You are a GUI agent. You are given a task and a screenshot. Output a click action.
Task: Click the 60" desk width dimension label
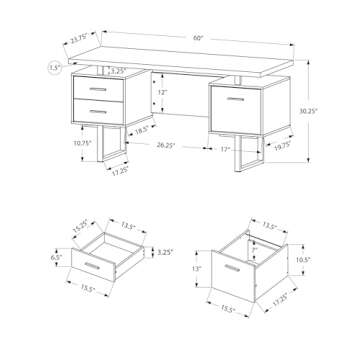pyautogui.click(x=199, y=38)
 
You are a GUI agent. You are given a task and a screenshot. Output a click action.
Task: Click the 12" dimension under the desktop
pyautogui.click(x=163, y=92)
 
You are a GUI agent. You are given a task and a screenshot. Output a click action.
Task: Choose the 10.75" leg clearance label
pyautogui.click(x=57, y=143)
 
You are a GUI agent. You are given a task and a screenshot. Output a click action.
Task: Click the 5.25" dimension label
pyautogui.click(x=117, y=71)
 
